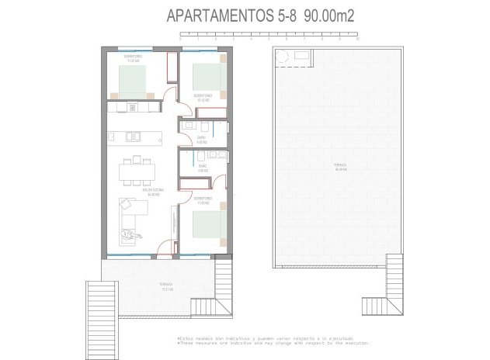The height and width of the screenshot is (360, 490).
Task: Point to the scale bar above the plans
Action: click(267, 35)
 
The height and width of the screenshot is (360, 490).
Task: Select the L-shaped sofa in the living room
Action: click(129, 216)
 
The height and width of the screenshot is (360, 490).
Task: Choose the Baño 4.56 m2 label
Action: click(202, 168)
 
